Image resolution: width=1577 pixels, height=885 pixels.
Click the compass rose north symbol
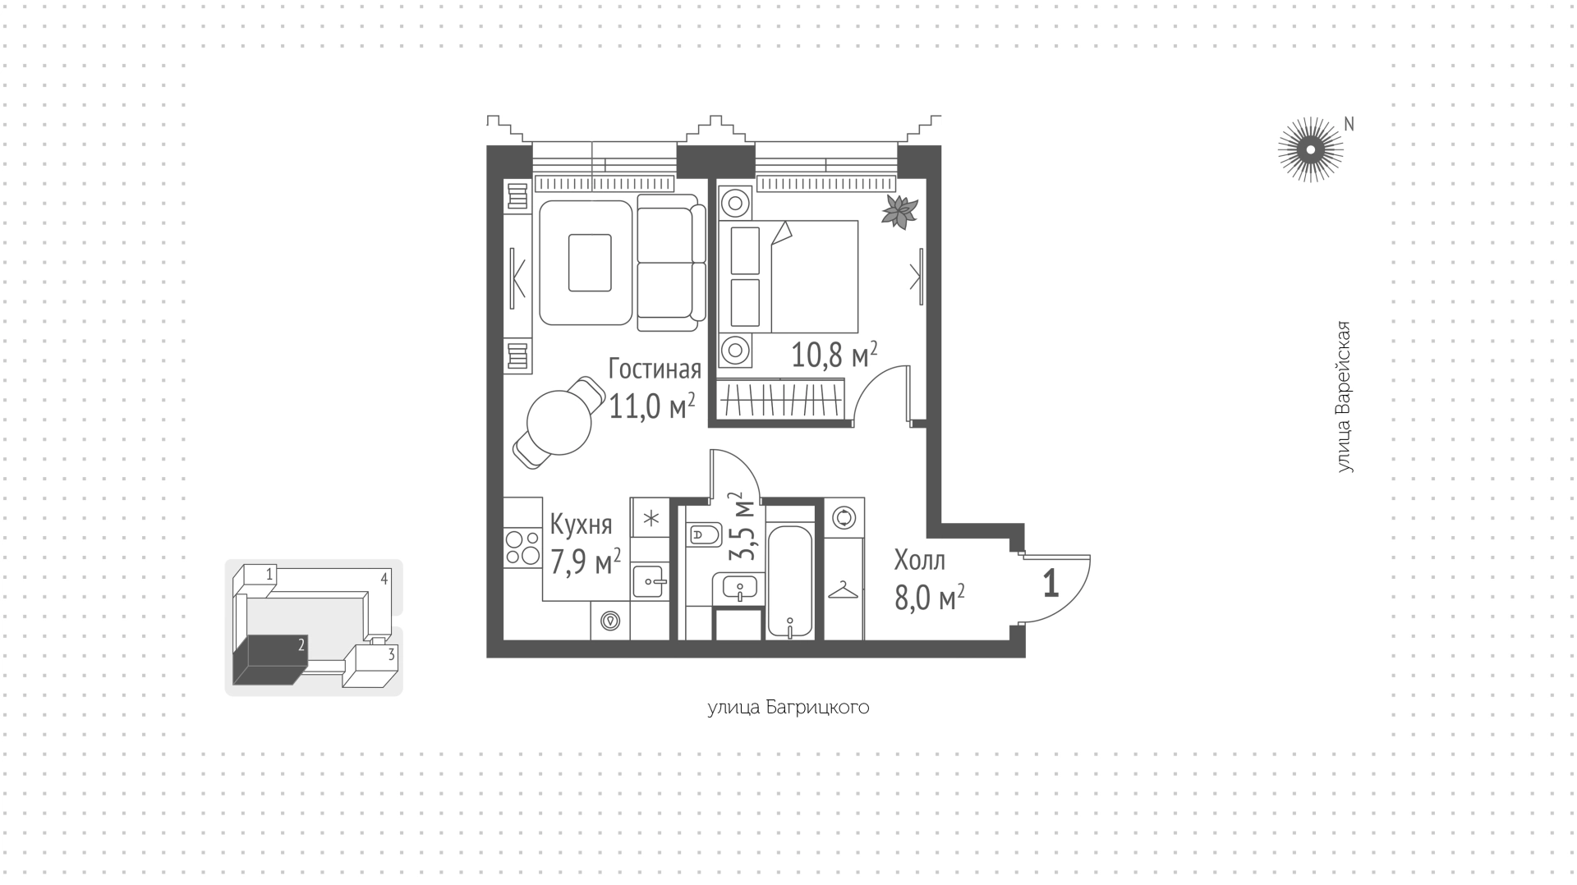tap(1311, 149)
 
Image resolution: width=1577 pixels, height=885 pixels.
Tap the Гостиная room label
tap(655, 369)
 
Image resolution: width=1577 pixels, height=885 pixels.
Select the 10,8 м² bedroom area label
tap(834, 355)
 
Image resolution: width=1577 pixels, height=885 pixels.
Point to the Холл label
tap(920, 561)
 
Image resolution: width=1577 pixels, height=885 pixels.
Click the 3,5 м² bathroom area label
tap(744, 526)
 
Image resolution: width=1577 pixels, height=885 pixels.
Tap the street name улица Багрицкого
tap(788, 708)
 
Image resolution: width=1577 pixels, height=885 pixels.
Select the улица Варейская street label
tap(1343, 397)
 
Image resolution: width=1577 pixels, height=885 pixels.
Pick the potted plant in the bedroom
tap(899, 212)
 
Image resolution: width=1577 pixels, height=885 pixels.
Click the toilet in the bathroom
tap(704, 536)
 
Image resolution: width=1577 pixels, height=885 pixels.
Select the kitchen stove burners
tap(523, 548)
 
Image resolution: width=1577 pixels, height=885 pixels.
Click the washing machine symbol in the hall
tap(844, 518)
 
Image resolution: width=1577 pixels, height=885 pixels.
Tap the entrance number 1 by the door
tap(1050, 584)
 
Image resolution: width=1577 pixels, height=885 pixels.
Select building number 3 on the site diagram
tap(392, 654)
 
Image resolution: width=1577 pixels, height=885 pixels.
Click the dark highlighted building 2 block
tap(269, 659)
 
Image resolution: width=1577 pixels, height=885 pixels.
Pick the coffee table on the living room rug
tap(590, 263)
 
